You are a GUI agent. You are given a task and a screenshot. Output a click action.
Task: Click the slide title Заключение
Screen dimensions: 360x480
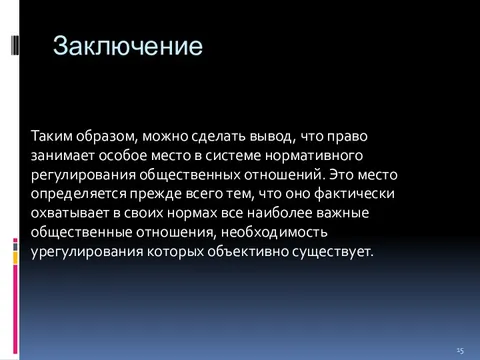tap(127, 47)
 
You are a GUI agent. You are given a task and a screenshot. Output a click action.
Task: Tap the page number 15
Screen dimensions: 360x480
tap(460, 349)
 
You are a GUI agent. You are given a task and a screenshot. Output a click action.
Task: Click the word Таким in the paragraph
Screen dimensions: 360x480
tap(53, 136)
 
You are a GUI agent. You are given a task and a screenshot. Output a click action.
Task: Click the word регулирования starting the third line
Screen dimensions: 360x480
tap(80, 174)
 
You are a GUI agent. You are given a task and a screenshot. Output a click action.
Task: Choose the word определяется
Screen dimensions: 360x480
tap(79, 193)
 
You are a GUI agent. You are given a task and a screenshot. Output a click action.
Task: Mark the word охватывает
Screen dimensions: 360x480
tap(71, 212)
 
